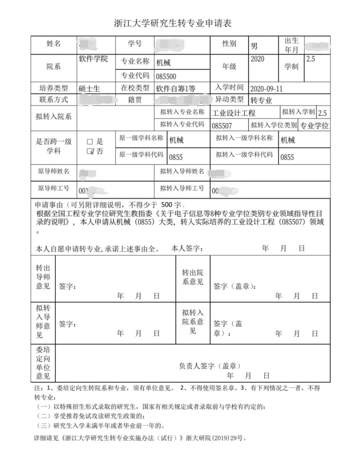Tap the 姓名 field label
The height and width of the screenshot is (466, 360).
54,44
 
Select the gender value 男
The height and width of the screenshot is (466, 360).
255,46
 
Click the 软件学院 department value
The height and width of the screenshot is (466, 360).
93,59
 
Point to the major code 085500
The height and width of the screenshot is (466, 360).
166,76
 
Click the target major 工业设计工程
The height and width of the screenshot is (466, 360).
234,113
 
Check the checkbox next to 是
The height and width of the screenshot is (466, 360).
90,142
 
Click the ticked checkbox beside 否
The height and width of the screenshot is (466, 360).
90,151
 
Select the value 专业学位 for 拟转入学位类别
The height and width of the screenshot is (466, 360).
314,126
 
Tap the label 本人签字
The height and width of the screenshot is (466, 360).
187,248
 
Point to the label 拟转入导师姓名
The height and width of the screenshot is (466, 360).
182,171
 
